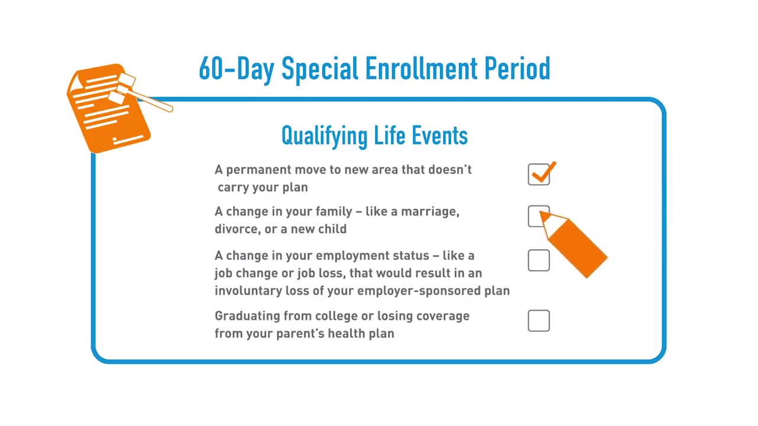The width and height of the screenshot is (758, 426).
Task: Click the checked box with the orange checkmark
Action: click(x=539, y=175)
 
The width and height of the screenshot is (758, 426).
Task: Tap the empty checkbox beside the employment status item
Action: click(x=539, y=260)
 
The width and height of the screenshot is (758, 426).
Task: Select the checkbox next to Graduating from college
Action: click(x=539, y=321)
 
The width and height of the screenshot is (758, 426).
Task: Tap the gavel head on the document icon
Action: click(x=123, y=86)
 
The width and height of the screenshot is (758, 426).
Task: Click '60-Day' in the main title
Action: click(x=236, y=69)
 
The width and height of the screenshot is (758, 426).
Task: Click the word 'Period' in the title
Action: click(x=518, y=69)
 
